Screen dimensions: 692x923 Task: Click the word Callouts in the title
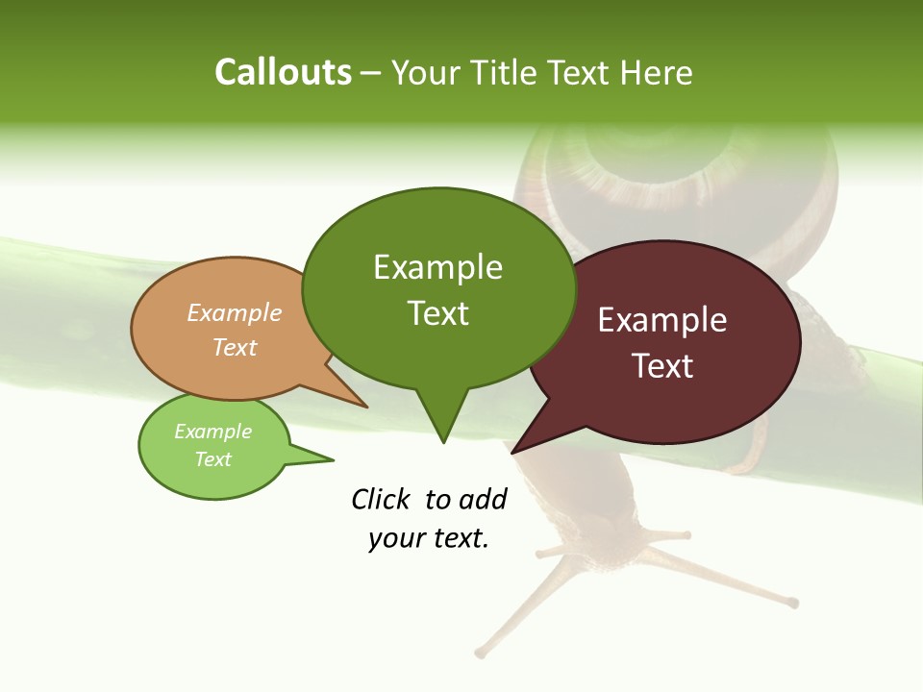(283, 72)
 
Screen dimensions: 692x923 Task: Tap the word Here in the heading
(657, 72)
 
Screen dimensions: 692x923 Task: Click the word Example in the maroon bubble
(662, 320)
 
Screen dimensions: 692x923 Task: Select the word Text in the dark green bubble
(438, 313)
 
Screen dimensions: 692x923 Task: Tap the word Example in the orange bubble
(235, 312)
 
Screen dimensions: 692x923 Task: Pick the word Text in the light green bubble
(213, 459)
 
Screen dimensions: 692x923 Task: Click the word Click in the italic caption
(380, 499)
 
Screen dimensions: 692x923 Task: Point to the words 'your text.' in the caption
(429, 538)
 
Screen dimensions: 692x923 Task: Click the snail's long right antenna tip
(794, 604)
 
